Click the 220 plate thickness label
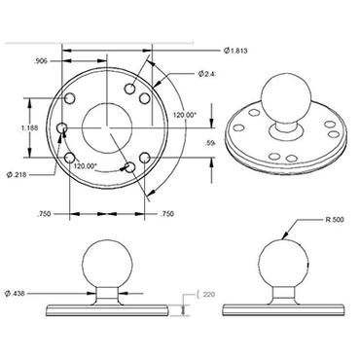pyautogui.click(x=208, y=293)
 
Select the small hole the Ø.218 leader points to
pyautogui.click(x=62, y=128)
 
